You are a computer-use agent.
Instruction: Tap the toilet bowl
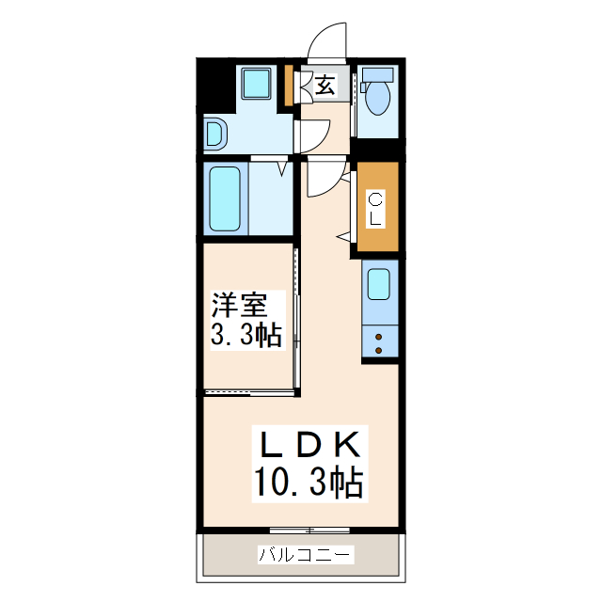(x=379, y=98)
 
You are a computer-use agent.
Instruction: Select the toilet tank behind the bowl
(x=379, y=74)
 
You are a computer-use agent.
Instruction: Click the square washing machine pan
(x=256, y=84)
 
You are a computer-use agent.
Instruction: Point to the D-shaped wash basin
(x=215, y=135)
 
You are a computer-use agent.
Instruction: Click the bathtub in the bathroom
(x=226, y=198)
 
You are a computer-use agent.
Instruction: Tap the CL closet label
(x=375, y=208)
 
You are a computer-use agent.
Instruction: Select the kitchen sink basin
(x=379, y=283)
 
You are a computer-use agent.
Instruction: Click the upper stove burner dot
(x=379, y=334)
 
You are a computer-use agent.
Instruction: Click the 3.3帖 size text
(x=246, y=336)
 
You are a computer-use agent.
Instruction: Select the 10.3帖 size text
(x=307, y=483)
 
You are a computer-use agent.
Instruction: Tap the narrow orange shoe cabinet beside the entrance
(x=291, y=87)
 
